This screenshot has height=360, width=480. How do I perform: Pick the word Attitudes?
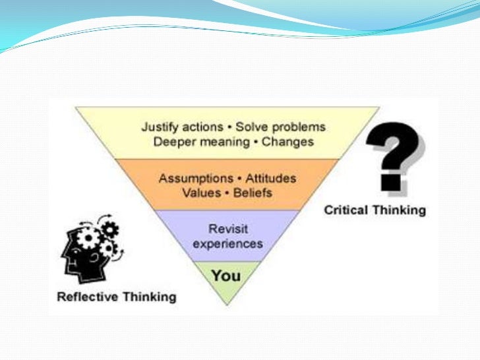point(270,179)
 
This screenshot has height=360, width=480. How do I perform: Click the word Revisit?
point(227,228)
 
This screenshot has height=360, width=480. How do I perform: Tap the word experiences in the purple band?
point(227,243)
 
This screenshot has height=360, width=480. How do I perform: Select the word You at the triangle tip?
point(225,275)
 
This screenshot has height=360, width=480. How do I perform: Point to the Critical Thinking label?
point(375,210)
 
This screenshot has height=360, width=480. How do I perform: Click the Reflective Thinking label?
point(117,296)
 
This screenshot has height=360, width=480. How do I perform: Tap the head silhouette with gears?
point(90,251)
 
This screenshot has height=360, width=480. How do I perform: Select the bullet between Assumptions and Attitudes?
point(239,179)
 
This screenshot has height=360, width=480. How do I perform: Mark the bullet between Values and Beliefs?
point(224,194)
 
